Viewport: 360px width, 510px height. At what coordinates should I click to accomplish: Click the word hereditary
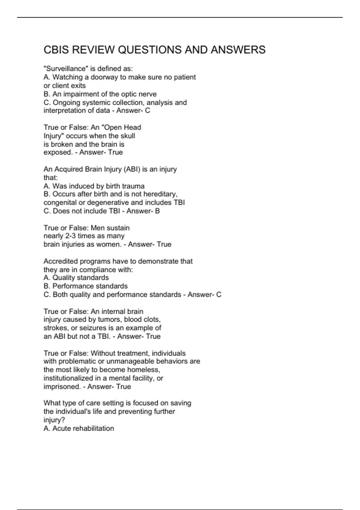(x=160, y=194)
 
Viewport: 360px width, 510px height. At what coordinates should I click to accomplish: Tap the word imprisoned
(x=62, y=387)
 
